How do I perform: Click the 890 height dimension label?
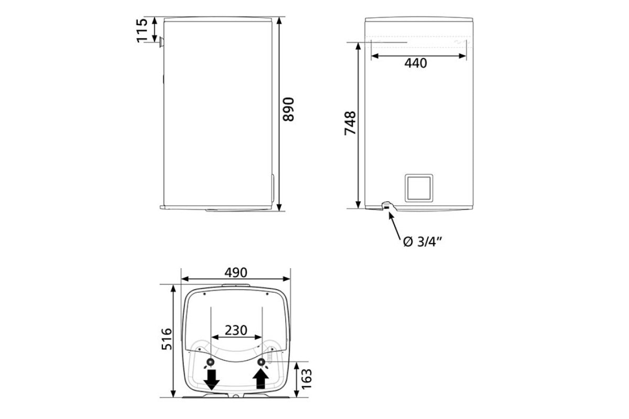[x=288, y=109]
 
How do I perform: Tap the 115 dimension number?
[x=142, y=30]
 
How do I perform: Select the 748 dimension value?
[x=350, y=123]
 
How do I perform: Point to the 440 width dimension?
[x=416, y=63]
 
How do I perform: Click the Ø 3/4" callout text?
[x=422, y=241]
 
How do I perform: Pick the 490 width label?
[x=236, y=272]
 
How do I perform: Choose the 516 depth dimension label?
[x=167, y=339]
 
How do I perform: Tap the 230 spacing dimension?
[x=236, y=330]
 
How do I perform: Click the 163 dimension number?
[x=306, y=379]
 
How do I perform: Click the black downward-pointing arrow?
[x=211, y=379]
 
